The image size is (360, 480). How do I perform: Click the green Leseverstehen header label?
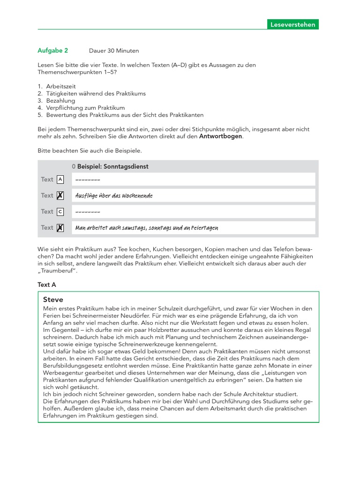tap(293, 24)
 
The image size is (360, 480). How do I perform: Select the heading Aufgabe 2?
tap(52, 50)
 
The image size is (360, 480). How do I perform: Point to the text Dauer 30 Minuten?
tap(113, 51)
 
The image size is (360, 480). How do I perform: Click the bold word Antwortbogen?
tap(221, 136)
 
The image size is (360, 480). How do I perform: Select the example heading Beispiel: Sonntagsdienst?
tap(112, 166)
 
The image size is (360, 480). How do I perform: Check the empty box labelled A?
tap(60, 179)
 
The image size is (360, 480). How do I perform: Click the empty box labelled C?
tap(60, 211)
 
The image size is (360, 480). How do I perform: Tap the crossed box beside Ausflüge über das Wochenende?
tap(60, 195)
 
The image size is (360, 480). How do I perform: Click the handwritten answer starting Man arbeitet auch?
tap(146, 228)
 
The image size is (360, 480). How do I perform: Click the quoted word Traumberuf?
tap(57, 271)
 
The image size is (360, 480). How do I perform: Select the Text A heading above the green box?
tap(46, 285)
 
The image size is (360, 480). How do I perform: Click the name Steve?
tap(52, 300)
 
